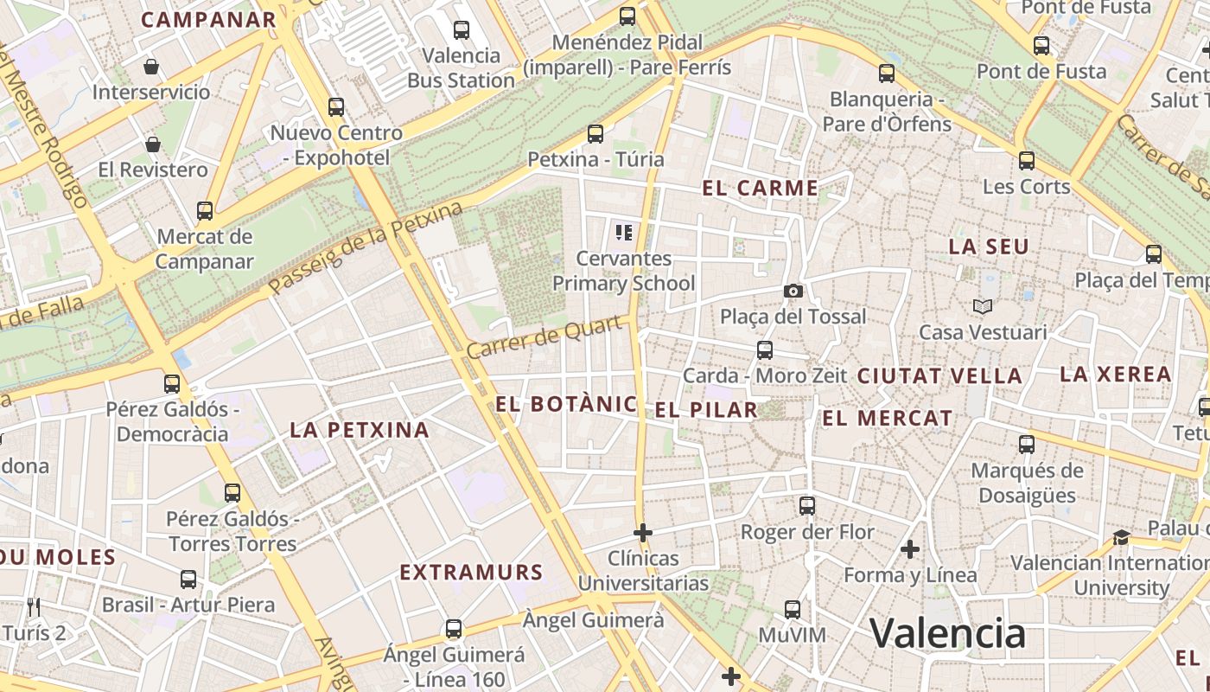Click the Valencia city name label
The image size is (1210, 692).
947,633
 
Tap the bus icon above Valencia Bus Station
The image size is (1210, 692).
462,30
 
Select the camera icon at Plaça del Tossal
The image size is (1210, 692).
793,291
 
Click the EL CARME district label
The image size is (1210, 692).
761,188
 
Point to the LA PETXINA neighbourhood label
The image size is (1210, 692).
360,430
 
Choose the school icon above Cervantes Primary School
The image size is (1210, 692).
624,232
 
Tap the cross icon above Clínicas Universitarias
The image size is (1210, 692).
643,533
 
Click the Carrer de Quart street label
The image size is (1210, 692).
545,338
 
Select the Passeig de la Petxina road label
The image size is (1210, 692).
366,247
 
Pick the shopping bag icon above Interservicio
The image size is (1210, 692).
151,67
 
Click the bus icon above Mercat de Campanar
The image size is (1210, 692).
205,211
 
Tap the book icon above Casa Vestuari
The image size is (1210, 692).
983,306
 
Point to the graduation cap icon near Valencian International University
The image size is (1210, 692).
1122,537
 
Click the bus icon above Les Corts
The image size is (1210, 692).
1027,161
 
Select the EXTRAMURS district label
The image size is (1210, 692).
471,572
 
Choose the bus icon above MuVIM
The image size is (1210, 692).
793,609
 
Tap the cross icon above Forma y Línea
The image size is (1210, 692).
909,549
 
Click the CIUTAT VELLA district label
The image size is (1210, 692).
939,376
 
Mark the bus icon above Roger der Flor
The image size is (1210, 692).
807,506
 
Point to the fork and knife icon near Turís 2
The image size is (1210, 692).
34,606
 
